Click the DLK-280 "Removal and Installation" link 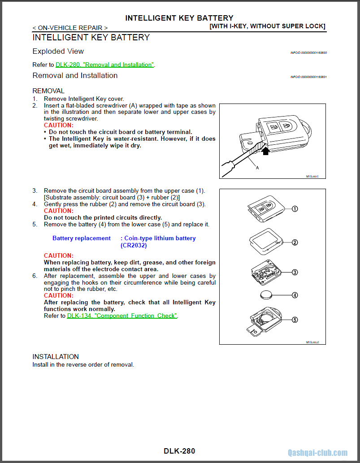click(x=104, y=65)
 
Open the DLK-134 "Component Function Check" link click(x=122, y=316)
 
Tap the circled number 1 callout click(x=295, y=209)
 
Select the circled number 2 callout click(x=295, y=242)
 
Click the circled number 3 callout click(x=295, y=272)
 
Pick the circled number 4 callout click(x=295, y=295)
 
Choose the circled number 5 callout click(x=295, y=320)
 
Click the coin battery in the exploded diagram click(x=268, y=295)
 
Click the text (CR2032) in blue click(x=134, y=246)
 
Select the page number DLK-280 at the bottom click(x=179, y=451)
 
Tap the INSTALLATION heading click(x=56, y=357)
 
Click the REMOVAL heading click(x=48, y=91)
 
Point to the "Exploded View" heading click(x=58, y=52)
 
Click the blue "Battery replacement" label click(x=82, y=238)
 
